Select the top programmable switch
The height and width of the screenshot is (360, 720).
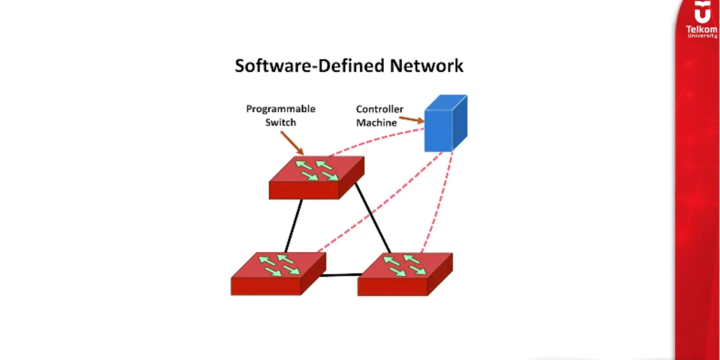(x=316, y=177)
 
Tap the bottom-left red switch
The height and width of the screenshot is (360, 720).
(x=278, y=274)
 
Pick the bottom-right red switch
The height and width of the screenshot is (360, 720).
(x=405, y=274)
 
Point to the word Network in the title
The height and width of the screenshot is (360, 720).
(x=427, y=65)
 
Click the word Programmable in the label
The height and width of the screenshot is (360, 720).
(x=280, y=109)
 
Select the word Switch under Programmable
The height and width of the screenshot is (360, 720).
(x=280, y=122)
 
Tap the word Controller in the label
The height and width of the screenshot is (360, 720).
(x=380, y=109)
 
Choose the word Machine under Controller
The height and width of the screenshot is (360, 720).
(x=377, y=122)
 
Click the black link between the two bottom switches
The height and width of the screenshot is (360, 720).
(x=341, y=275)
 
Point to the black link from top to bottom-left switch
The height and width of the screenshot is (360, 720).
(x=293, y=226)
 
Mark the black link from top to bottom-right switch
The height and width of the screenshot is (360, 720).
(x=373, y=218)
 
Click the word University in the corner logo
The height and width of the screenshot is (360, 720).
(x=701, y=35)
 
